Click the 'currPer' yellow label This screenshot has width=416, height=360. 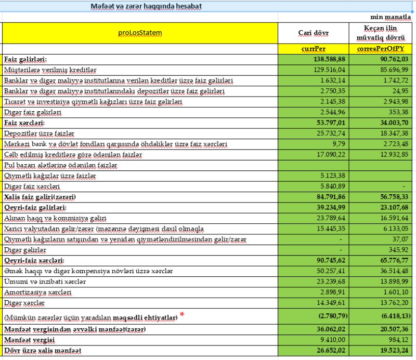(x=313, y=48)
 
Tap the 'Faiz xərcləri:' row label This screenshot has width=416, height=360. (x=24, y=123)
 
